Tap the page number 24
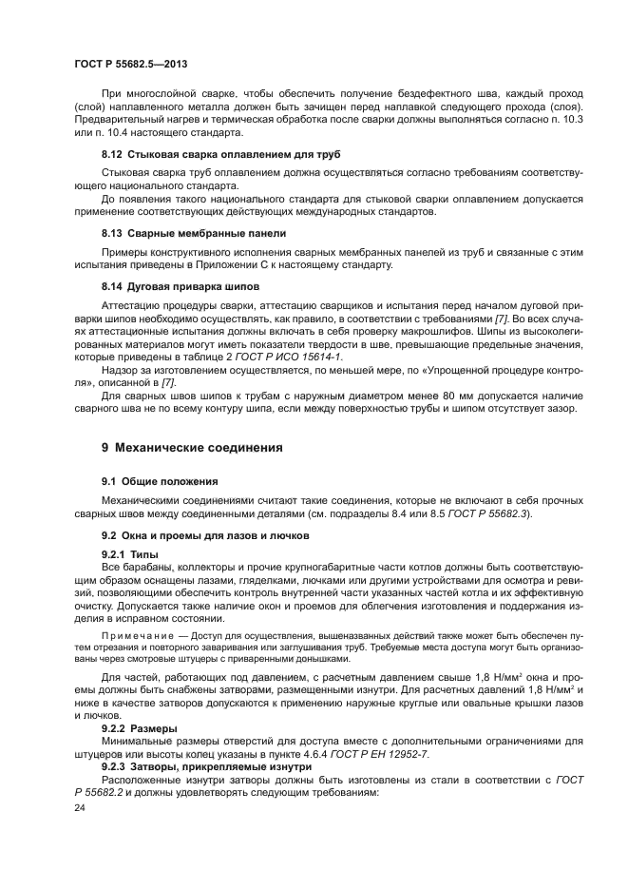click(x=79, y=809)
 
